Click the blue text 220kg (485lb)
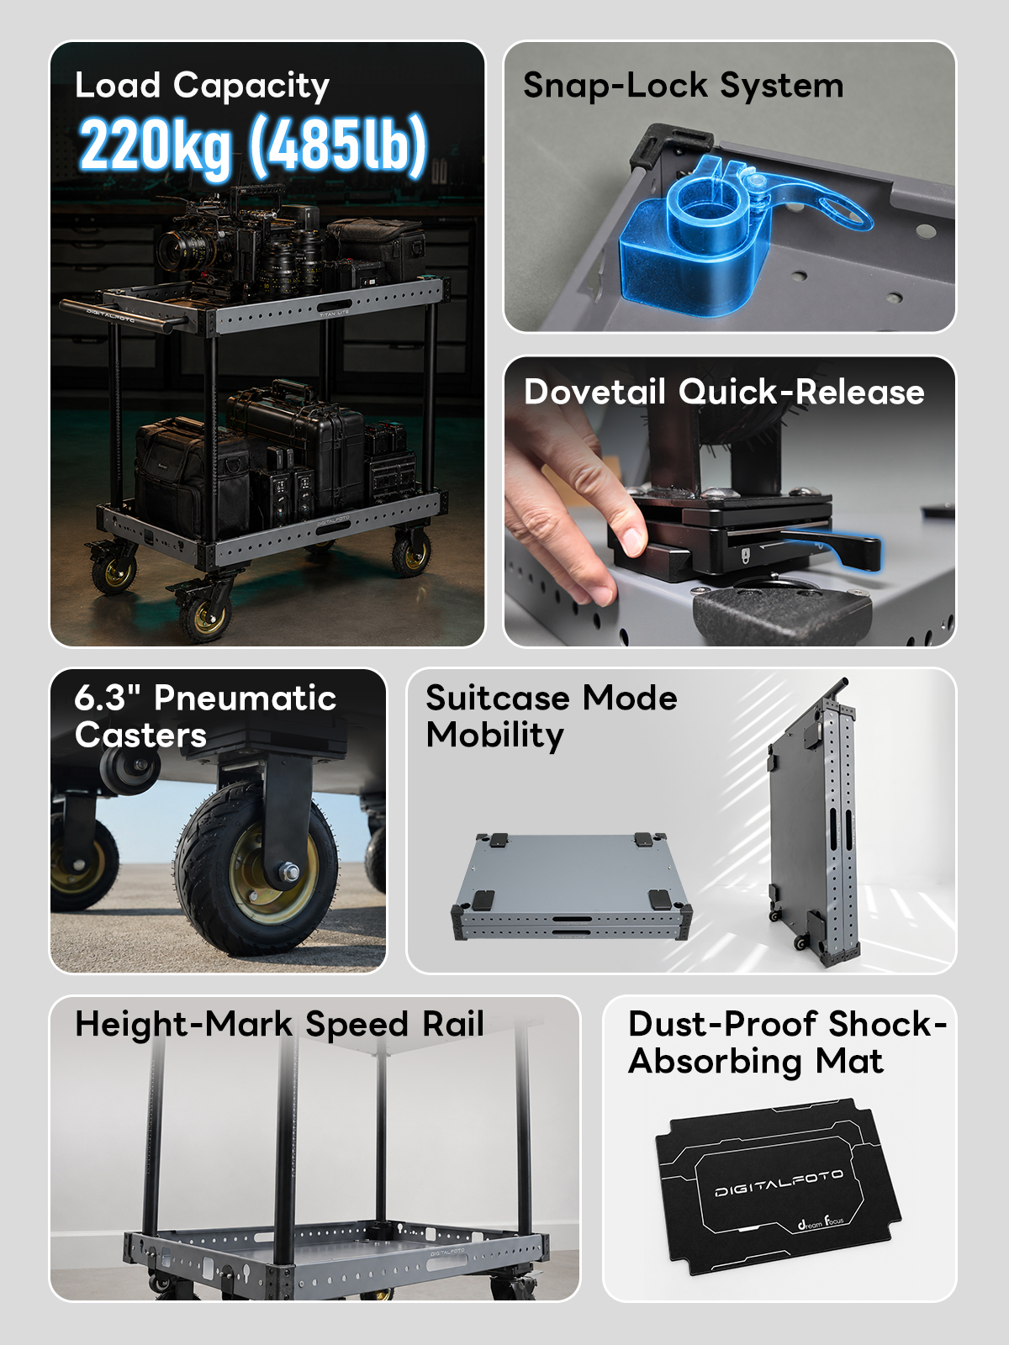[253, 145]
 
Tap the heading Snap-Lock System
[683, 85]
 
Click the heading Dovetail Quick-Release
[724, 392]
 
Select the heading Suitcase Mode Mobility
[552, 716]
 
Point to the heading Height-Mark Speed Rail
[279, 1024]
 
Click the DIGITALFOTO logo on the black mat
[779, 1183]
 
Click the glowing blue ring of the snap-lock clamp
[711, 208]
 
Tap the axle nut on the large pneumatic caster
[288, 872]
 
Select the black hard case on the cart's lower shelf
[297, 441]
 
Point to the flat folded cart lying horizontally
[573, 886]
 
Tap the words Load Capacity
[202, 86]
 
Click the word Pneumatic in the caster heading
[245, 698]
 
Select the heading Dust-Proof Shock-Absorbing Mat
[787, 1043]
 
